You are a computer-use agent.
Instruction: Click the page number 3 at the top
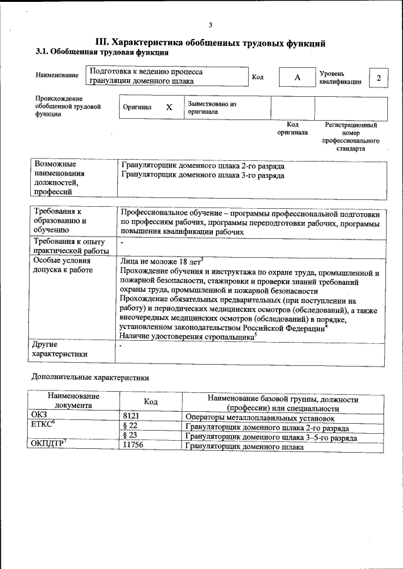[x=210, y=25]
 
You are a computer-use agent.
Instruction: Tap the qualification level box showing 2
[x=378, y=77]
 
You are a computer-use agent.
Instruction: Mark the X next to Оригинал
[x=169, y=108]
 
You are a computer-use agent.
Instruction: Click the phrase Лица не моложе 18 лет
[x=161, y=260]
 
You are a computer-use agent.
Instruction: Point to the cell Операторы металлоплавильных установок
[x=260, y=417]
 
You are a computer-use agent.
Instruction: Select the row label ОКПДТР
[x=48, y=445]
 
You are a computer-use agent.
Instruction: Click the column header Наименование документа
[x=73, y=401]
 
